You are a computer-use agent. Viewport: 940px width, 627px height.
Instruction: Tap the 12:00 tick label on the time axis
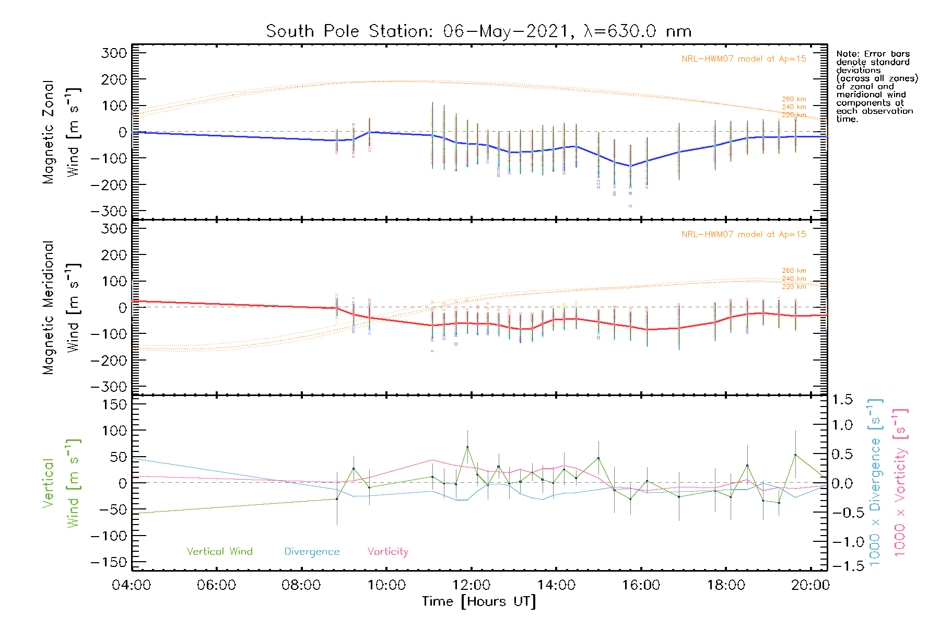pyautogui.click(x=472, y=585)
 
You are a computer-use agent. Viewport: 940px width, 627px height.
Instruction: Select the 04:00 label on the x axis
pyautogui.click(x=132, y=585)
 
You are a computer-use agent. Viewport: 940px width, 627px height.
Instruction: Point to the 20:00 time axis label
pyautogui.click(x=810, y=585)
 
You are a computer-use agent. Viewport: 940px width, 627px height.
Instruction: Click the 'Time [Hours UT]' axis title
pyautogui.click(x=479, y=601)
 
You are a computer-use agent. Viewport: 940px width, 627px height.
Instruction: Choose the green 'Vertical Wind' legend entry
pyautogui.click(x=219, y=552)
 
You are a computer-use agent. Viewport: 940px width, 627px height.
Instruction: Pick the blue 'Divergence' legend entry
pyautogui.click(x=312, y=552)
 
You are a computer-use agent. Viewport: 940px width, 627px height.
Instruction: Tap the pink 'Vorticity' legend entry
pyautogui.click(x=387, y=552)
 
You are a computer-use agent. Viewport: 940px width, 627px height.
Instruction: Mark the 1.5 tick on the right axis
pyautogui.click(x=842, y=400)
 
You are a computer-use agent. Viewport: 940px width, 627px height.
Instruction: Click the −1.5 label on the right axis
pyautogui.click(x=842, y=566)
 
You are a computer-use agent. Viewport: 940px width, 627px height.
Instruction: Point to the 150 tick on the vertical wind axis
pyautogui.click(x=114, y=404)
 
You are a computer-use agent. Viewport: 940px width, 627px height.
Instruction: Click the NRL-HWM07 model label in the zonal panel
pyautogui.click(x=744, y=59)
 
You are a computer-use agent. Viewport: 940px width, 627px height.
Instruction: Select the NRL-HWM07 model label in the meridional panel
pyautogui.click(x=744, y=235)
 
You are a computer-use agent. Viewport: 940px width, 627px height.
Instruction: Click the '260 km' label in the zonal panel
pyautogui.click(x=794, y=99)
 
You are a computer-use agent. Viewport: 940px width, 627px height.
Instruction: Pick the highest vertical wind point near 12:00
pyautogui.click(x=467, y=447)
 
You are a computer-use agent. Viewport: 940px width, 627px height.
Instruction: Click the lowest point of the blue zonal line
pyautogui.click(x=630, y=166)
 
